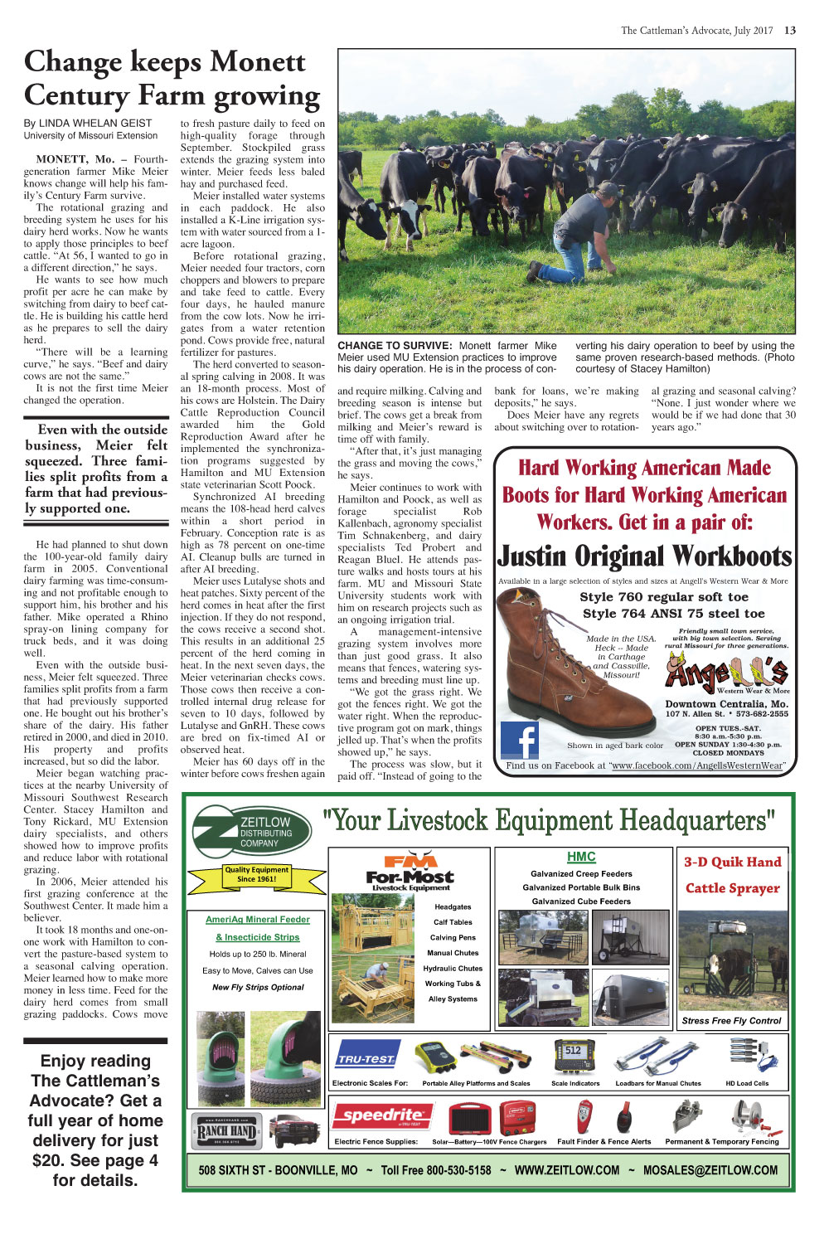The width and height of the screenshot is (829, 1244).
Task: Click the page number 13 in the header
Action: click(x=790, y=31)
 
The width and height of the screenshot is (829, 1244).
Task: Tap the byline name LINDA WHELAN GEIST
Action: click(x=95, y=123)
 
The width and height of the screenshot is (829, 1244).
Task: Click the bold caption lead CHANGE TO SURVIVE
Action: click(x=395, y=346)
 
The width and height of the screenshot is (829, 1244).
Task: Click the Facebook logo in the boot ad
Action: click(x=520, y=741)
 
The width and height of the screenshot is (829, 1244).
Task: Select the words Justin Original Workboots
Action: click(x=644, y=556)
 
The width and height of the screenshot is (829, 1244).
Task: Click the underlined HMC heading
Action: click(x=581, y=857)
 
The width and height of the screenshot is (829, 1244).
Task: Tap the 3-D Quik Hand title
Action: click(x=732, y=862)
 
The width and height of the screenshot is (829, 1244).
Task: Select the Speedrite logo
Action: click(x=381, y=1116)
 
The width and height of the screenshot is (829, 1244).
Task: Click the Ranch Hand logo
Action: click(x=226, y=1130)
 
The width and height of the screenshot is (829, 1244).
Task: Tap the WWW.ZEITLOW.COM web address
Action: click(x=566, y=1170)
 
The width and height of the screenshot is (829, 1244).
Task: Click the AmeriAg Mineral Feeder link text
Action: click(x=258, y=919)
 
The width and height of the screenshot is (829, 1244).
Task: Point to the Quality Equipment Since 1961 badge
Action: click(x=257, y=874)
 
